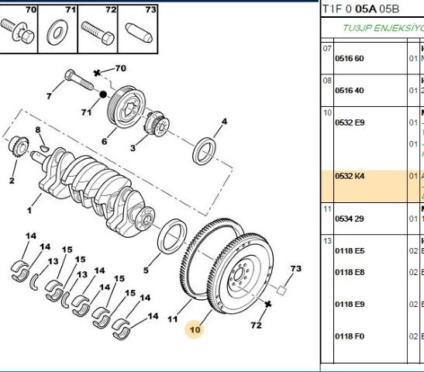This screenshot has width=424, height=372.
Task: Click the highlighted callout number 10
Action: [194, 329]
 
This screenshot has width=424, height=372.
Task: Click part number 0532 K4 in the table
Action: [349, 176]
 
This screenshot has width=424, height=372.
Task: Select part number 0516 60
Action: [349, 58]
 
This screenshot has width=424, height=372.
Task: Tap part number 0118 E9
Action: [349, 304]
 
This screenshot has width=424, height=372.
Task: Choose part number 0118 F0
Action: [349, 336]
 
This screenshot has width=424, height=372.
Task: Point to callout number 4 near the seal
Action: [224, 122]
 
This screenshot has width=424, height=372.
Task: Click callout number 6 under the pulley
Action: [103, 141]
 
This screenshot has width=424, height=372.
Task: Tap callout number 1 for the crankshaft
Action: [29, 209]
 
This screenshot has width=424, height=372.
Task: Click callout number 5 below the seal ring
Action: [145, 270]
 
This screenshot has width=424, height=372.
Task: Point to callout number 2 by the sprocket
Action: [12, 181]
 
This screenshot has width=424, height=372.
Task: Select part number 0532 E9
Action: [349, 122]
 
